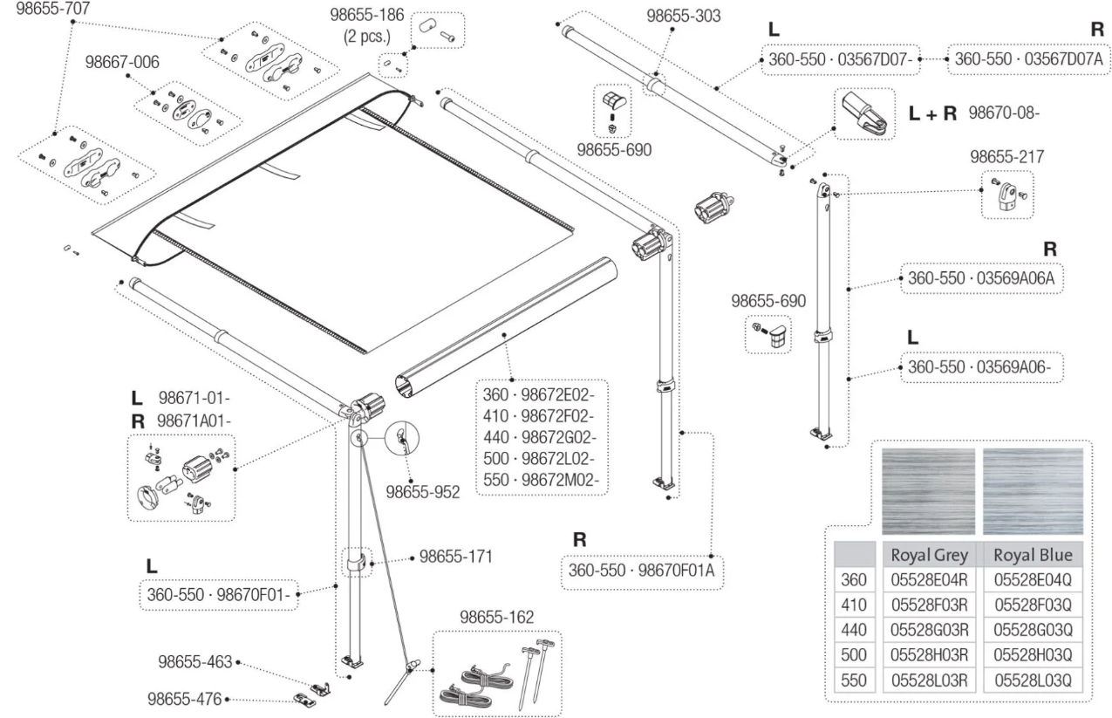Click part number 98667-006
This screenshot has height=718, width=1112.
click(122, 63)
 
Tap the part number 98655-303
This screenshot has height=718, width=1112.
click(684, 16)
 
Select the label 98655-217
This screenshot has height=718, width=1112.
click(1007, 157)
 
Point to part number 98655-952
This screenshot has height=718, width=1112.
click(422, 492)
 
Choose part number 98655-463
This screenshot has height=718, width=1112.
click(195, 662)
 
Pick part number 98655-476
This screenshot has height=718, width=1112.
click(183, 699)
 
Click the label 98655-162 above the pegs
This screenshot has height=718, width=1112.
click(497, 618)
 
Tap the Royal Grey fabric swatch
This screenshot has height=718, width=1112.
click(928, 491)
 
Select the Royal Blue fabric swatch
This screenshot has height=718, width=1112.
click(1033, 491)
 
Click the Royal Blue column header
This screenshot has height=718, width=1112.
click(1033, 555)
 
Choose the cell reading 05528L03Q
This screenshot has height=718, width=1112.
click(1033, 680)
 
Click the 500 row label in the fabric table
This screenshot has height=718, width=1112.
click(854, 654)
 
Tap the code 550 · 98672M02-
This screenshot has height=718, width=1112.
click(544, 481)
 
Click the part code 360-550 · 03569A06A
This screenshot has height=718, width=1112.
click(980, 281)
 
